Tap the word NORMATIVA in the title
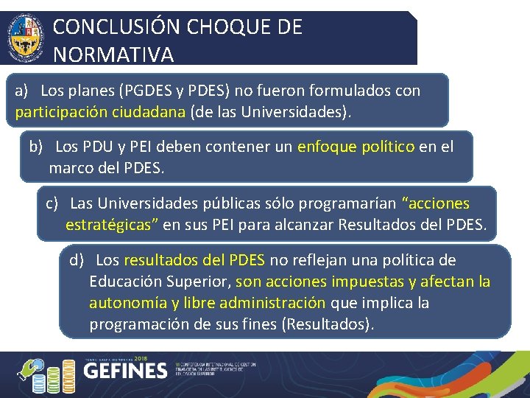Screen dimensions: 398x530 pos(113,55)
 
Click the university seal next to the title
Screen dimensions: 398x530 pos(26,38)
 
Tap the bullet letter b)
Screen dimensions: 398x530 pos(37,146)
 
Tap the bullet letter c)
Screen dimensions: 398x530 pos(52,203)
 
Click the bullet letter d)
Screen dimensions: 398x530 pos(77,260)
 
